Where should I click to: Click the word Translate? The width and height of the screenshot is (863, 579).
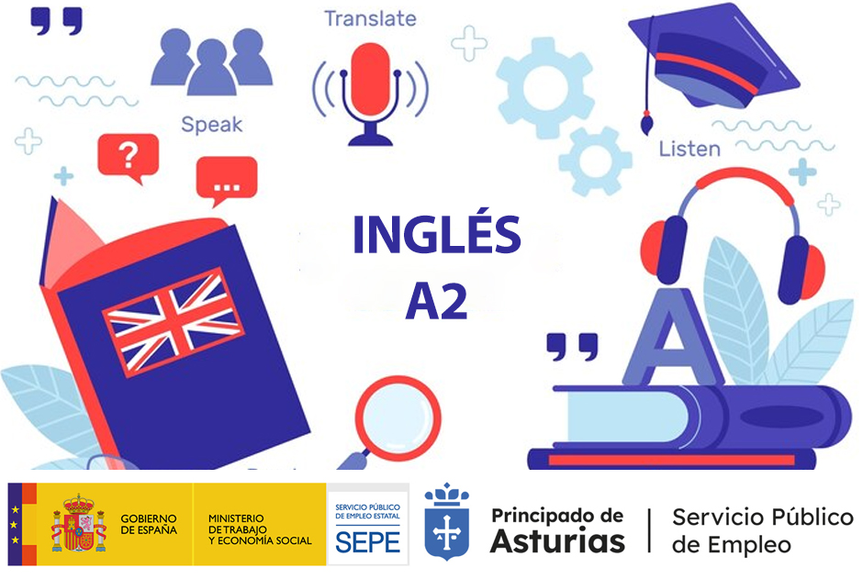(x=369, y=18)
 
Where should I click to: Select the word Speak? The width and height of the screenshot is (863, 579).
(x=211, y=124)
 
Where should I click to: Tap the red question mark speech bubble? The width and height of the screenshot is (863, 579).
(x=128, y=157)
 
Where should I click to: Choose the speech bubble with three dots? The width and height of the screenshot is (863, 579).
(x=225, y=181)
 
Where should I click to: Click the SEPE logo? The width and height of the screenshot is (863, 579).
(x=367, y=529)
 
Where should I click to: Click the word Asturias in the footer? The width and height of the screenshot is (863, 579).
(x=557, y=540)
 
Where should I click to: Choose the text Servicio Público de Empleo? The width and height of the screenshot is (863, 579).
(x=762, y=530)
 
